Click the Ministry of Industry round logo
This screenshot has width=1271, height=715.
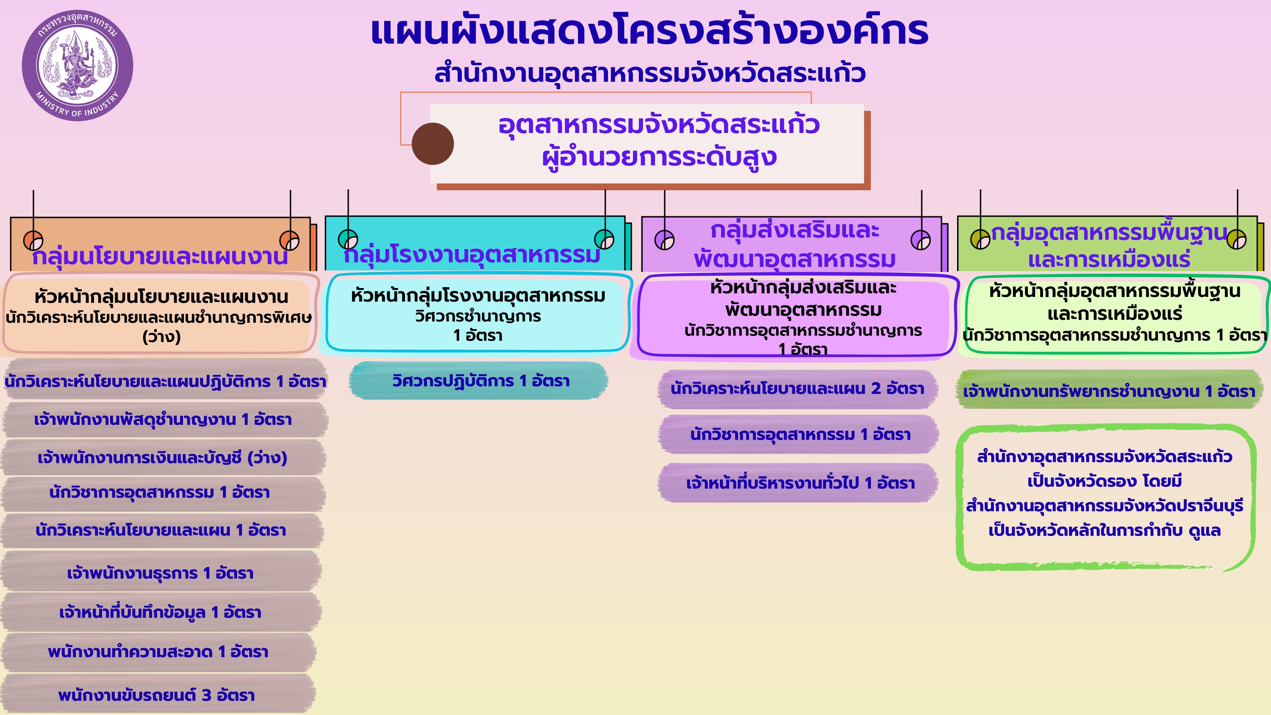78,65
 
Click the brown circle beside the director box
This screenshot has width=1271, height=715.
433,144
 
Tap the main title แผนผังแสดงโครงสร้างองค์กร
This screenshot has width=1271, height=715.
649,31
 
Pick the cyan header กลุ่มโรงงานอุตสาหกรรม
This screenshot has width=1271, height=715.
472,255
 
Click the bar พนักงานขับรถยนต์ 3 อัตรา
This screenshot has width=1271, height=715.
157,695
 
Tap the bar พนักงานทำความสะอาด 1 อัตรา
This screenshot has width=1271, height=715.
158,652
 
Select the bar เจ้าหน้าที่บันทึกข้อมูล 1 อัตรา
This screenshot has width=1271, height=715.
160,612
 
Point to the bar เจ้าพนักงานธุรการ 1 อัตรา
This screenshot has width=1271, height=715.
160,573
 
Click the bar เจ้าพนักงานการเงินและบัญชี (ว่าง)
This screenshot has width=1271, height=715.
162,457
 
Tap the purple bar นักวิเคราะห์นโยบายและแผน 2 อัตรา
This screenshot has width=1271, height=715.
797,389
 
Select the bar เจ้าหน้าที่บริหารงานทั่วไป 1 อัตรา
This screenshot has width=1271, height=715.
799,482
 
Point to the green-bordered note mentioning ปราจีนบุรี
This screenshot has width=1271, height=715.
1105,497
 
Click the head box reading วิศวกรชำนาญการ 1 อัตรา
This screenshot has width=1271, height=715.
477,314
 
